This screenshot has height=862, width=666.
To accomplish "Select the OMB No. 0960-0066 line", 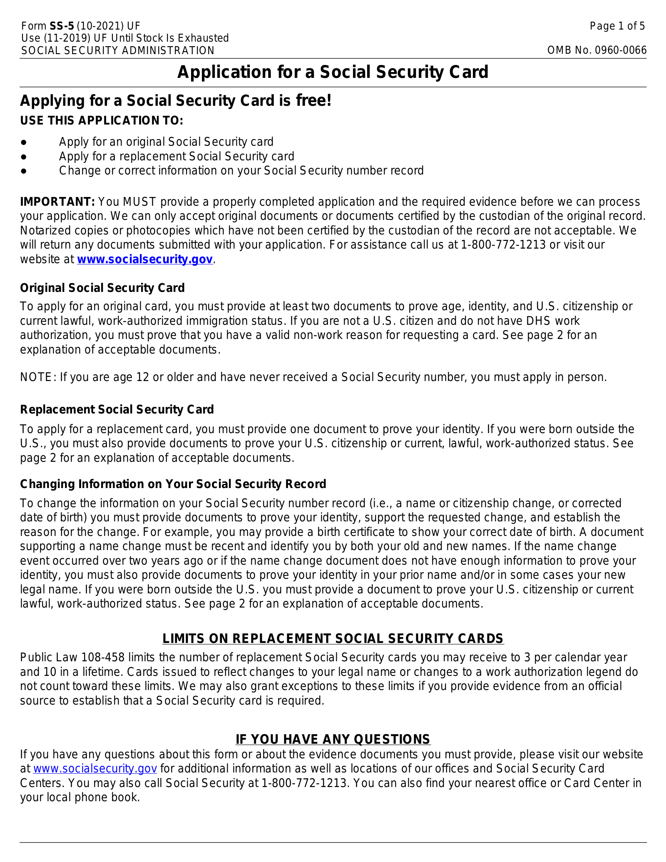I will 596,50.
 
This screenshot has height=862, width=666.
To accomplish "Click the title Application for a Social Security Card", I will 333,72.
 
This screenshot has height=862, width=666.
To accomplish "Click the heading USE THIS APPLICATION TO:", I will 102,121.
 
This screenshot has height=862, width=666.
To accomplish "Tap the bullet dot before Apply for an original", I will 24,142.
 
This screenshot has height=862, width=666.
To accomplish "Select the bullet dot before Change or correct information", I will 24,171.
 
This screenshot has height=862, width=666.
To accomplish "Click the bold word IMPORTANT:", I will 57,202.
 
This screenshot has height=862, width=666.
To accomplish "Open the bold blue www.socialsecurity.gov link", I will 145,259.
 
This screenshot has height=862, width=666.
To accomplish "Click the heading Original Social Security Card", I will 102,288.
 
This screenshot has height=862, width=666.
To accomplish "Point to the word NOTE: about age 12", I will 38,377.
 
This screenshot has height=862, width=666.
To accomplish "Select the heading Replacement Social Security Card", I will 117,410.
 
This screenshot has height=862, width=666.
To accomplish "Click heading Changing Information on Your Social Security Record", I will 173,484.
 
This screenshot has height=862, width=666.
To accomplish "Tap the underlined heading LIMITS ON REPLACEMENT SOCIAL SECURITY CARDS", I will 333,639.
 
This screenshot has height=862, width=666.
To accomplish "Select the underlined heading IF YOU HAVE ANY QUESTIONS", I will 333,739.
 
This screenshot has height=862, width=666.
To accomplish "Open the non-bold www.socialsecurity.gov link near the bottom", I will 95,769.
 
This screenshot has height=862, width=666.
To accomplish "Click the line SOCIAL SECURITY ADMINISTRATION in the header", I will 117,50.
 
